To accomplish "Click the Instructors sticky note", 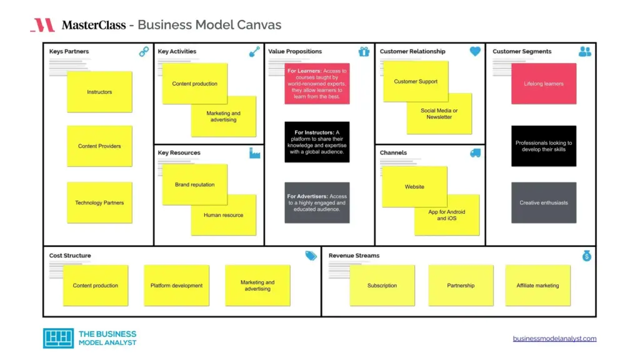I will click(x=99, y=92).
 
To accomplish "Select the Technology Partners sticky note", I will click(x=99, y=202).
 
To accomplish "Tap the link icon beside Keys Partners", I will click(x=144, y=52).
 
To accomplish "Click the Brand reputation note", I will click(x=194, y=184).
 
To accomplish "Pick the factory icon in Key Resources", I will click(x=254, y=152).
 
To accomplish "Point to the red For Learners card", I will click(x=317, y=84).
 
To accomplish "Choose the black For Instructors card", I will click(x=317, y=142).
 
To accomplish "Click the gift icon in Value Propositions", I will click(x=364, y=52).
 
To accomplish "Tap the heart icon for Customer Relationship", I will click(x=475, y=52).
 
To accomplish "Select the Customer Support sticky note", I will click(x=416, y=81).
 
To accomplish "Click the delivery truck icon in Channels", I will click(x=475, y=152).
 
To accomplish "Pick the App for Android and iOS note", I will click(x=447, y=215).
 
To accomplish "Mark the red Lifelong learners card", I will click(x=544, y=84).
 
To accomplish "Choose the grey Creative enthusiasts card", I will click(x=544, y=202).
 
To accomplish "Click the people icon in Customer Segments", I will click(x=585, y=52).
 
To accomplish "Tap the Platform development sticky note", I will click(x=176, y=286).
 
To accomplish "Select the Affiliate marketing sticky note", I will click(x=537, y=286).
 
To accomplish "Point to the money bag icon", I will click(x=586, y=256).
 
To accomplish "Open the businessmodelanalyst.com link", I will click(x=554, y=339).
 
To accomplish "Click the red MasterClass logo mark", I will click(x=42, y=25).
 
